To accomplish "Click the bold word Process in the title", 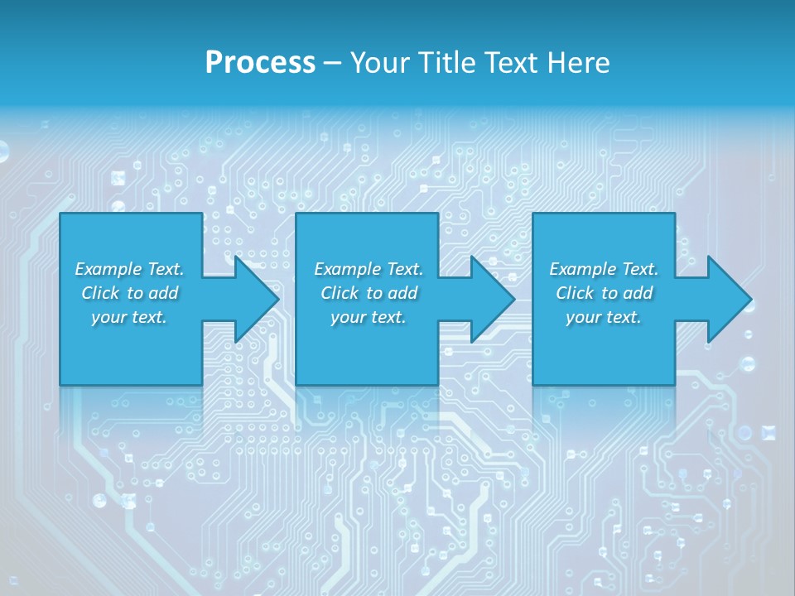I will (x=260, y=63).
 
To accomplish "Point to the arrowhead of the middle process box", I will (x=491, y=299).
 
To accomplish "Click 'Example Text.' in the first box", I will (x=129, y=269).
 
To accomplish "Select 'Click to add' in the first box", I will (x=129, y=293).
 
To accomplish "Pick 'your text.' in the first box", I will (x=129, y=317).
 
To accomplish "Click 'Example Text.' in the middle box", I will (x=369, y=269).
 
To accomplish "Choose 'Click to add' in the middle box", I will (x=369, y=293).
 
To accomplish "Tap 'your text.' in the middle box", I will (x=369, y=317).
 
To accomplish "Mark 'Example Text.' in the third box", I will (x=604, y=269).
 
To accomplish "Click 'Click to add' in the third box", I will (x=604, y=293).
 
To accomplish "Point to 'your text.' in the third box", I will (x=604, y=317).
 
